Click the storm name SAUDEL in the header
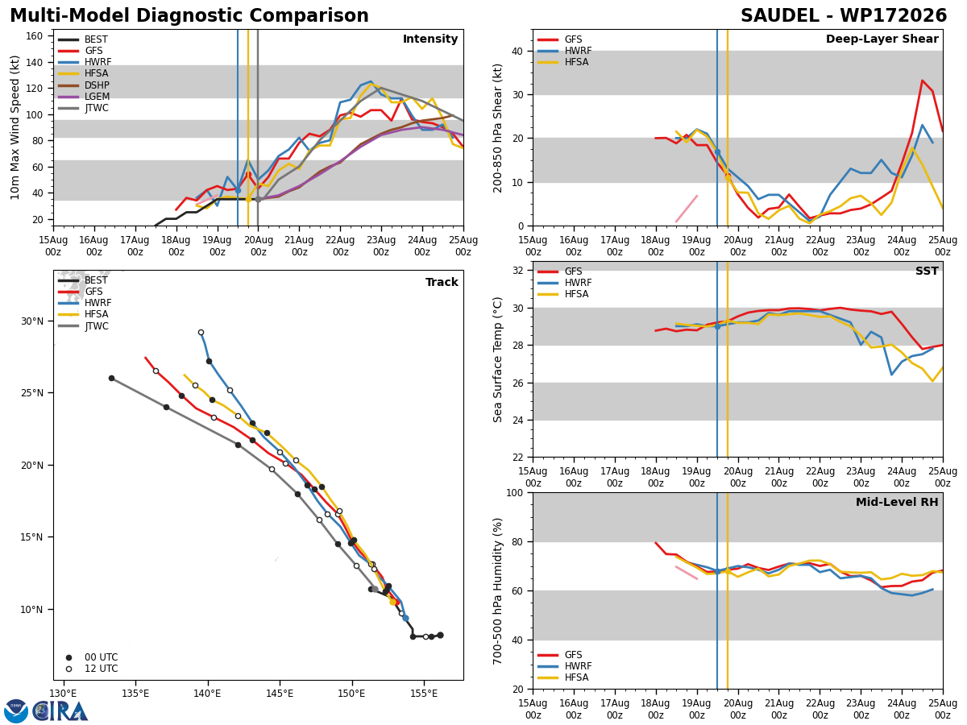click(x=779, y=16)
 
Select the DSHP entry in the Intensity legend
click(x=97, y=85)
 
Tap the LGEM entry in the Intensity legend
click(x=97, y=97)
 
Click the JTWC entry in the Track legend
click(x=97, y=326)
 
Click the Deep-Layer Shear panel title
click(x=882, y=39)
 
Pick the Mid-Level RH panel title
click(x=897, y=502)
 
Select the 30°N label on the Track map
click(x=32, y=321)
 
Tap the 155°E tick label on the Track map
click(x=424, y=694)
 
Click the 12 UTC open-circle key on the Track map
click(x=68, y=669)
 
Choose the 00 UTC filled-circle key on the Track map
click(x=68, y=657)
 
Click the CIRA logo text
click(x=60, y=711)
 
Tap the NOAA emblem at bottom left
click(x=15, y=711)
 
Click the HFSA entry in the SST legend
click(x=577, y=293)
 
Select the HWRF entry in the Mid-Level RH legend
click(x=578, y=666)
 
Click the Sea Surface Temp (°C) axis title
click(x=497, y=359)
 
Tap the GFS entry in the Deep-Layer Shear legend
click(x=573, y=39)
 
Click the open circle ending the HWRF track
click(x=201, y=333)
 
